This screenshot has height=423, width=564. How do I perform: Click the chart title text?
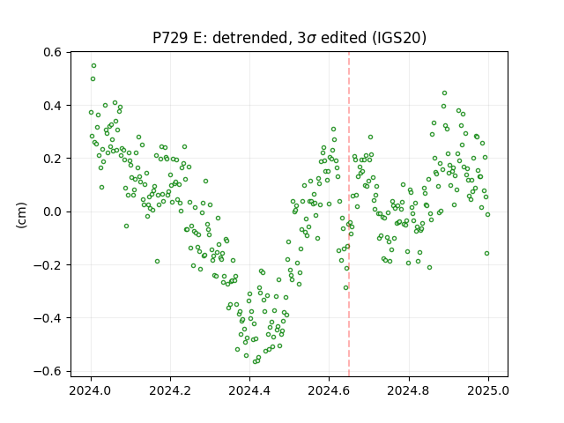pyautogui.click(x=289, y=38)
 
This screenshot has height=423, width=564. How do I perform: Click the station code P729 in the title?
pyautogui.click(x=170, y=38)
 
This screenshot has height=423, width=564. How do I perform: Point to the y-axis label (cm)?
pyautogui.click(x=21, y=215)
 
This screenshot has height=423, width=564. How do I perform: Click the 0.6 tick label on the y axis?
pyautogui.click(x=53, y=52)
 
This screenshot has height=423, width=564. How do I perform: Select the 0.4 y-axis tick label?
pyautogui.click(x=53, y=106)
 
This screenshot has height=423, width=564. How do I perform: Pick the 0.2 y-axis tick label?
pyautogui.click(x=53, y=159)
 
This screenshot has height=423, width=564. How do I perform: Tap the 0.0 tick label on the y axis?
pyautogui.click(x=53, y=211)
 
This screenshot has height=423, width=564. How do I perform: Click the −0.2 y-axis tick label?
pyautogui.click(x=48, y=264)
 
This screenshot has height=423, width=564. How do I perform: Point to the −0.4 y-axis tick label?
pyautogui.click(x=48, y=318)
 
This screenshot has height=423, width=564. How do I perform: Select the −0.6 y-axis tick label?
pyautogui.click(x=48, y=371)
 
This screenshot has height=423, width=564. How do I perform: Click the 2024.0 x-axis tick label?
pyautogui.click(x=91, y=390)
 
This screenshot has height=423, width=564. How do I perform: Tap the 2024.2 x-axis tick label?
pyautogui.click(x=170, y=390)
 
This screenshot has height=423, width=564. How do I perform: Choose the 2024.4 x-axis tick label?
pyautogui.click(x=249, y=390)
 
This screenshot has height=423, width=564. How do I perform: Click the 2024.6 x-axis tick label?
pyautogui.click(x=329, y=390)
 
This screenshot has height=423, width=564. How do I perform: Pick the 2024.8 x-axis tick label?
pyautogui.click(x=409, y=390)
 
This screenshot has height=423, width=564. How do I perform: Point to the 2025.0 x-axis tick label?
pyautogui.click(x=488, y=390)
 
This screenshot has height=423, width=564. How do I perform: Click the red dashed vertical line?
pyautogui.click(x=349, y=214)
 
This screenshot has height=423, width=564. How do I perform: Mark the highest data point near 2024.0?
pyautogui.click(x=94, y=66)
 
